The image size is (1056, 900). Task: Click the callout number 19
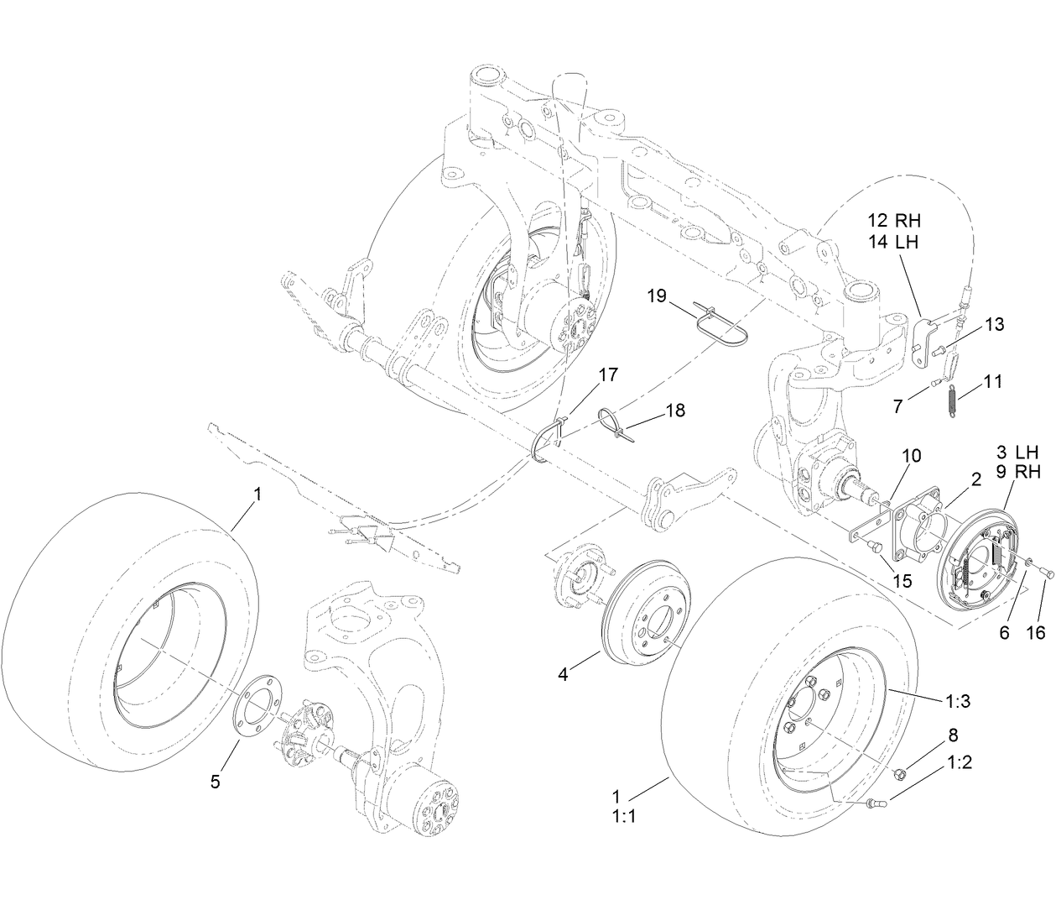click(x=657, y=296)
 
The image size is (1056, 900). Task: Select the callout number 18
click(x=674, y=410)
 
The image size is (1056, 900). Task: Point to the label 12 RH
click(x=894, y=221)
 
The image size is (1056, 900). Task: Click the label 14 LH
click(x=894, y=242)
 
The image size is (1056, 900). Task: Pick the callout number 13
click(x=994, y=324)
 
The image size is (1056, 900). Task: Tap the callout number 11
click(x=993, y=381)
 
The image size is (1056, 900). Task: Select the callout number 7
click(x=898, y=406)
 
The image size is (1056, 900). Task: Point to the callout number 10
click(x=912, y=455)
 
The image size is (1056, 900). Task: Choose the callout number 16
click(x=1037, y=632)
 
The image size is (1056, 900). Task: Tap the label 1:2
click(x=960, y=762)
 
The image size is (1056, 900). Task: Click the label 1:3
click(x=959, y=702)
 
